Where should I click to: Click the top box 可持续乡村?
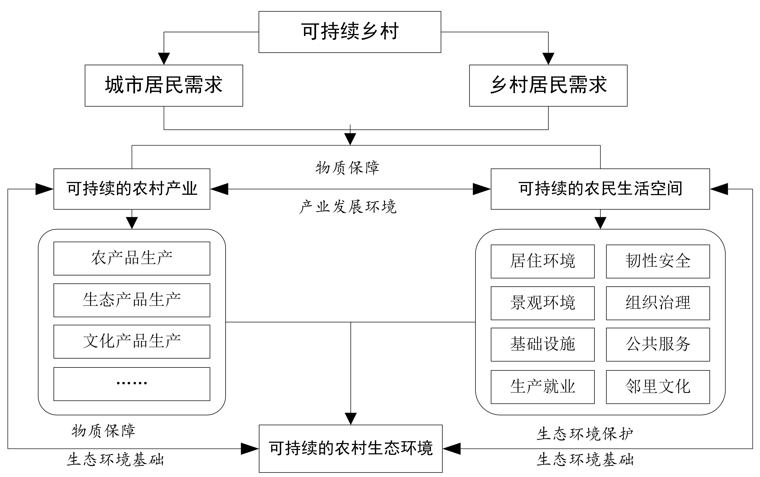pyautogui.click(x=350, y=32)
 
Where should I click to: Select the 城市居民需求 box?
pyautogui.click(x=164, y=86)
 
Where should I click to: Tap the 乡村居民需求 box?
pyautogui.click(x=548, y=86)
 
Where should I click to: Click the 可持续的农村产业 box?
pyautogui.click(x=132, y=189)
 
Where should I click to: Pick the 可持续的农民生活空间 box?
pyautogui.click(x=600, y=189)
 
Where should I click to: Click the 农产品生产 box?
pyautogui.click(x=132, y=258)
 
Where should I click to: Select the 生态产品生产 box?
pyautogui.click(x=132, y=300)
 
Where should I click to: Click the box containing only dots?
pyautogui.click(x=132, y=384)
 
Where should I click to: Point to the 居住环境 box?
pyautogui.click(x=543, y=261)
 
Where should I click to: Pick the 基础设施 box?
pyautogui.click(x=543, y=344)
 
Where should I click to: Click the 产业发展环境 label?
pyautogui.click(x=348, y=207)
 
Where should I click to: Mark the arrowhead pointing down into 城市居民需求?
pyautogui.click(x=164, y=59)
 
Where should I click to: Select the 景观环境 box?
pyautogui.click(x=543, y=303)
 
